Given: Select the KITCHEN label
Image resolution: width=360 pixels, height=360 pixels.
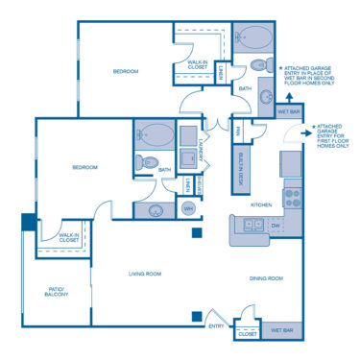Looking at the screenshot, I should (x=263, y=204).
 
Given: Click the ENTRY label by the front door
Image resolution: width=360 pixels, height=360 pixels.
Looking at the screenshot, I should (x=216, y=326).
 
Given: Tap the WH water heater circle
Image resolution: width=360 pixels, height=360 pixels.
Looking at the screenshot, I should (x=188, y=208).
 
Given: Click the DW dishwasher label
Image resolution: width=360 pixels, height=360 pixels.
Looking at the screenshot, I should (x=275, y=228).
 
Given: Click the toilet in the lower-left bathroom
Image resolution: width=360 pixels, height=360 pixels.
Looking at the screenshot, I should (x=142, y=162).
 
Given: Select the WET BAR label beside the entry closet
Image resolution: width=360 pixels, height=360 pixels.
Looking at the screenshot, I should (x=281, y=330).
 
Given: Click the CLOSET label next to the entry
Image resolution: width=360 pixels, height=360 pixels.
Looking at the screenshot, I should (x=247, y=334).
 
